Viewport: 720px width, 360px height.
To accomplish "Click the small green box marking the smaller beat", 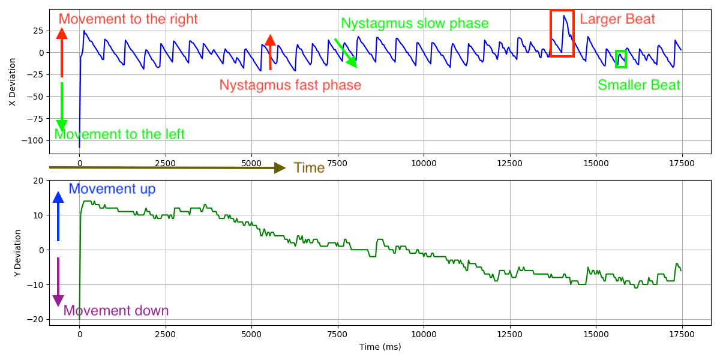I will click(621, 59).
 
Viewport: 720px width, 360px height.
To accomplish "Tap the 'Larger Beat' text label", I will click(617, 19).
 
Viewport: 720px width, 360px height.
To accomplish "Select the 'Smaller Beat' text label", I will click(639, 85).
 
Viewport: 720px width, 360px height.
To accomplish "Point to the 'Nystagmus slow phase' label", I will click(415, 23).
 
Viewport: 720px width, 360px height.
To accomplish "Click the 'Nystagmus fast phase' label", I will click(290, 85).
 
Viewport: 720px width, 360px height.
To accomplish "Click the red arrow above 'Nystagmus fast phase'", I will click(270, 52).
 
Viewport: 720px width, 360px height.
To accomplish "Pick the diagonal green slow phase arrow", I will click(346, 53).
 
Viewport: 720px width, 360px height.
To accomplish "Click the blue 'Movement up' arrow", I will click(58, 216).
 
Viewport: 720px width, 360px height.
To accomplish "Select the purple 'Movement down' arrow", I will click(58, 282).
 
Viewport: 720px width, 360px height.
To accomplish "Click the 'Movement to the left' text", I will click(119, 134).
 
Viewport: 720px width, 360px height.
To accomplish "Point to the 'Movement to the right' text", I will click(128, 19).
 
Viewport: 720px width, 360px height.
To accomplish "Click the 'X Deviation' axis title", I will click(13, 82).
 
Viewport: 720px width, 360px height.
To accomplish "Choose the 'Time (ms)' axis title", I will click(380, 347).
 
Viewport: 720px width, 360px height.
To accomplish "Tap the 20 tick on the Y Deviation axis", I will click(38, 181).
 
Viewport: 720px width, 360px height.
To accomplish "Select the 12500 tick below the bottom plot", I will click(509, 334).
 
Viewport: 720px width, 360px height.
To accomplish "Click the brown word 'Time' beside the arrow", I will click(309, 168).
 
